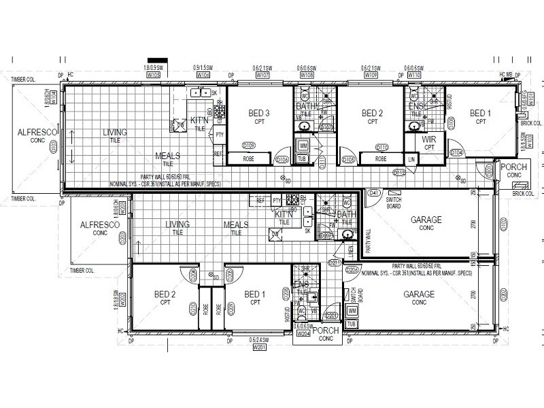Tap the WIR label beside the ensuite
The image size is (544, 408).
coord(429,140)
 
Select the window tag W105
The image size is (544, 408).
coord(154,75)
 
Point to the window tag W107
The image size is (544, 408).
coord(262,75)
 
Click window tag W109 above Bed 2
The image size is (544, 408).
coord(371,75)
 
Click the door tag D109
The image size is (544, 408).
coord(248,145)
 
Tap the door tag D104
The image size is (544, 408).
coord(456,153)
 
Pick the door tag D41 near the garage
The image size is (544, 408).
coord(373,194)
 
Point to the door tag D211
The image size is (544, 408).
coord(334,262)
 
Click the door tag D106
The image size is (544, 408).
coord(283,160)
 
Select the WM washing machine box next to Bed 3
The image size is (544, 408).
coord(303,146)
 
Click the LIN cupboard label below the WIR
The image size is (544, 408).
coord(411,160)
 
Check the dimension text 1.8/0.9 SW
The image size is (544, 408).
coord(154,68)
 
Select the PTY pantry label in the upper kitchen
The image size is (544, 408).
coord(219,135)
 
